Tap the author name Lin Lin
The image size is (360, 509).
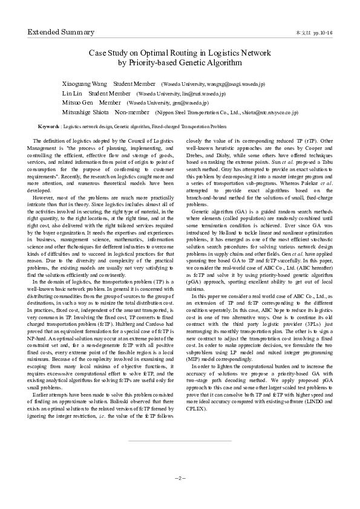[x=73, y=94]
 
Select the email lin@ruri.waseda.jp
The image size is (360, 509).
[x=200, y=94]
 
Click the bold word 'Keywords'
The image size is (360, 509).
[x=48, y=128]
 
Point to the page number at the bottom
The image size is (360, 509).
[x=180, y=478]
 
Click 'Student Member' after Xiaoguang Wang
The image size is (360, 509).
[x=134, y=83]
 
